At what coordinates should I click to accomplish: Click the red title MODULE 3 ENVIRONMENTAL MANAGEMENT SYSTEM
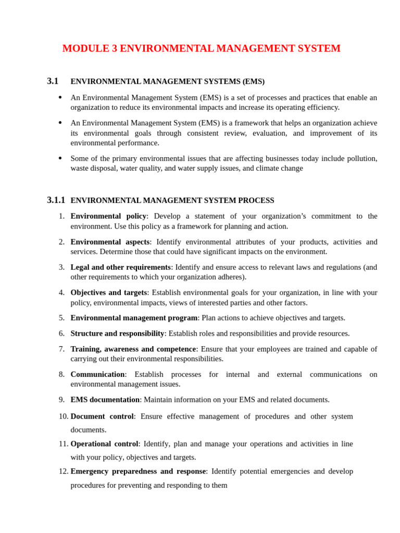(201, 48)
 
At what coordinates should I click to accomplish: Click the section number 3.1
(53, 81)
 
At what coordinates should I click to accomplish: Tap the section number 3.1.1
(56, 200)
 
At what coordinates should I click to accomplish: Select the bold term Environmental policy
(108, 216)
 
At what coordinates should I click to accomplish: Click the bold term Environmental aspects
(110, 242)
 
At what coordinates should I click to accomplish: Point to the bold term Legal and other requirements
(120, 267)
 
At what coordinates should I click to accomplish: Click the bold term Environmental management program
(134, 318)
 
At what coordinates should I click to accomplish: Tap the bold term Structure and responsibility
(117, 333)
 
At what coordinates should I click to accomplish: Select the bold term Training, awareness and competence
(133, 349)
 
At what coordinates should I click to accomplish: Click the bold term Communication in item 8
(97, 374)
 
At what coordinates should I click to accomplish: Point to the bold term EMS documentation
(105, 400)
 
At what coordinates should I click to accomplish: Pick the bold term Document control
(102, 416)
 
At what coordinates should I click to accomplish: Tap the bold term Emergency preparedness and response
(138, 471)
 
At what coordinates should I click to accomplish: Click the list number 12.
(63, 471)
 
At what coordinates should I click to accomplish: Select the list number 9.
(61, 400)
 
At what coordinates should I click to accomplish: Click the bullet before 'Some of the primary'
(60, 158)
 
